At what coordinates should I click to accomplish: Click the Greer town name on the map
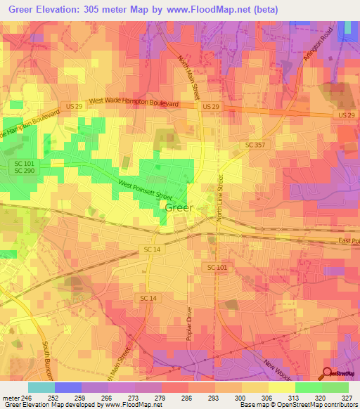pos(179,208)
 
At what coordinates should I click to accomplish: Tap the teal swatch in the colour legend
pos(41,387)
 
